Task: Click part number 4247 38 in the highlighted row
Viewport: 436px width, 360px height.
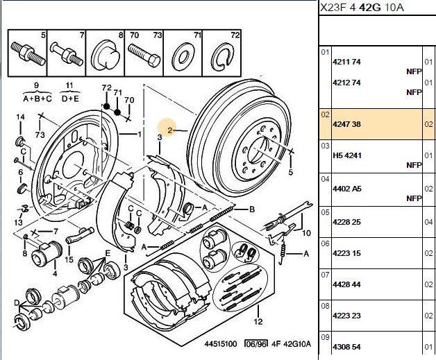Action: [x=346, y=124]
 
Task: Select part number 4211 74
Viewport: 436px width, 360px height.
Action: [x=346, y=62]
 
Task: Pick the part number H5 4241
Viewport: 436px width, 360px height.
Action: [x=347, y=155]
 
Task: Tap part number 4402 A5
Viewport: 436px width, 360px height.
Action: [x=347, y=189]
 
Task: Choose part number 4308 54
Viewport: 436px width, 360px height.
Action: [x=346, y=347]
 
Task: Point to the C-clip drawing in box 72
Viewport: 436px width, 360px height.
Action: [x=221, y=58]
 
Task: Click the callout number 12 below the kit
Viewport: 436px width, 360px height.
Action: [x=258, y=322]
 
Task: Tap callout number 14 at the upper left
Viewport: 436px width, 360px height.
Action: [x=20, y=117]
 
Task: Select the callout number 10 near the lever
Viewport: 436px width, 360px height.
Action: [x=306, y=233]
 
